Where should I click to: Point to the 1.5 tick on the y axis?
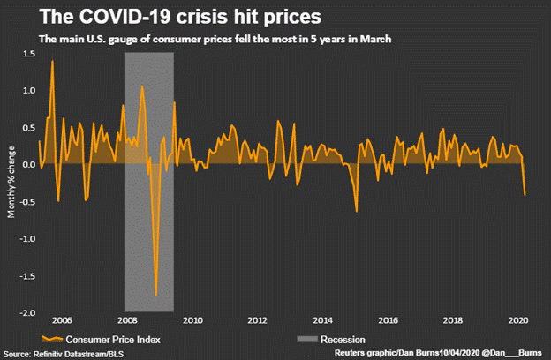coord(30,54)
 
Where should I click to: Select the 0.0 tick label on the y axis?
coord(30,165)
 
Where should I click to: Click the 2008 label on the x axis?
coord(127,321)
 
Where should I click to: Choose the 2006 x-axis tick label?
coord(62,321)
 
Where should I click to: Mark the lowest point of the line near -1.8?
coord(156,296)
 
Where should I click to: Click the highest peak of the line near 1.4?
coord(52,61)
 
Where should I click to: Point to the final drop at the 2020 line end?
coord(527,194)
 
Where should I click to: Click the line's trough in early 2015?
coord(357,211)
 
